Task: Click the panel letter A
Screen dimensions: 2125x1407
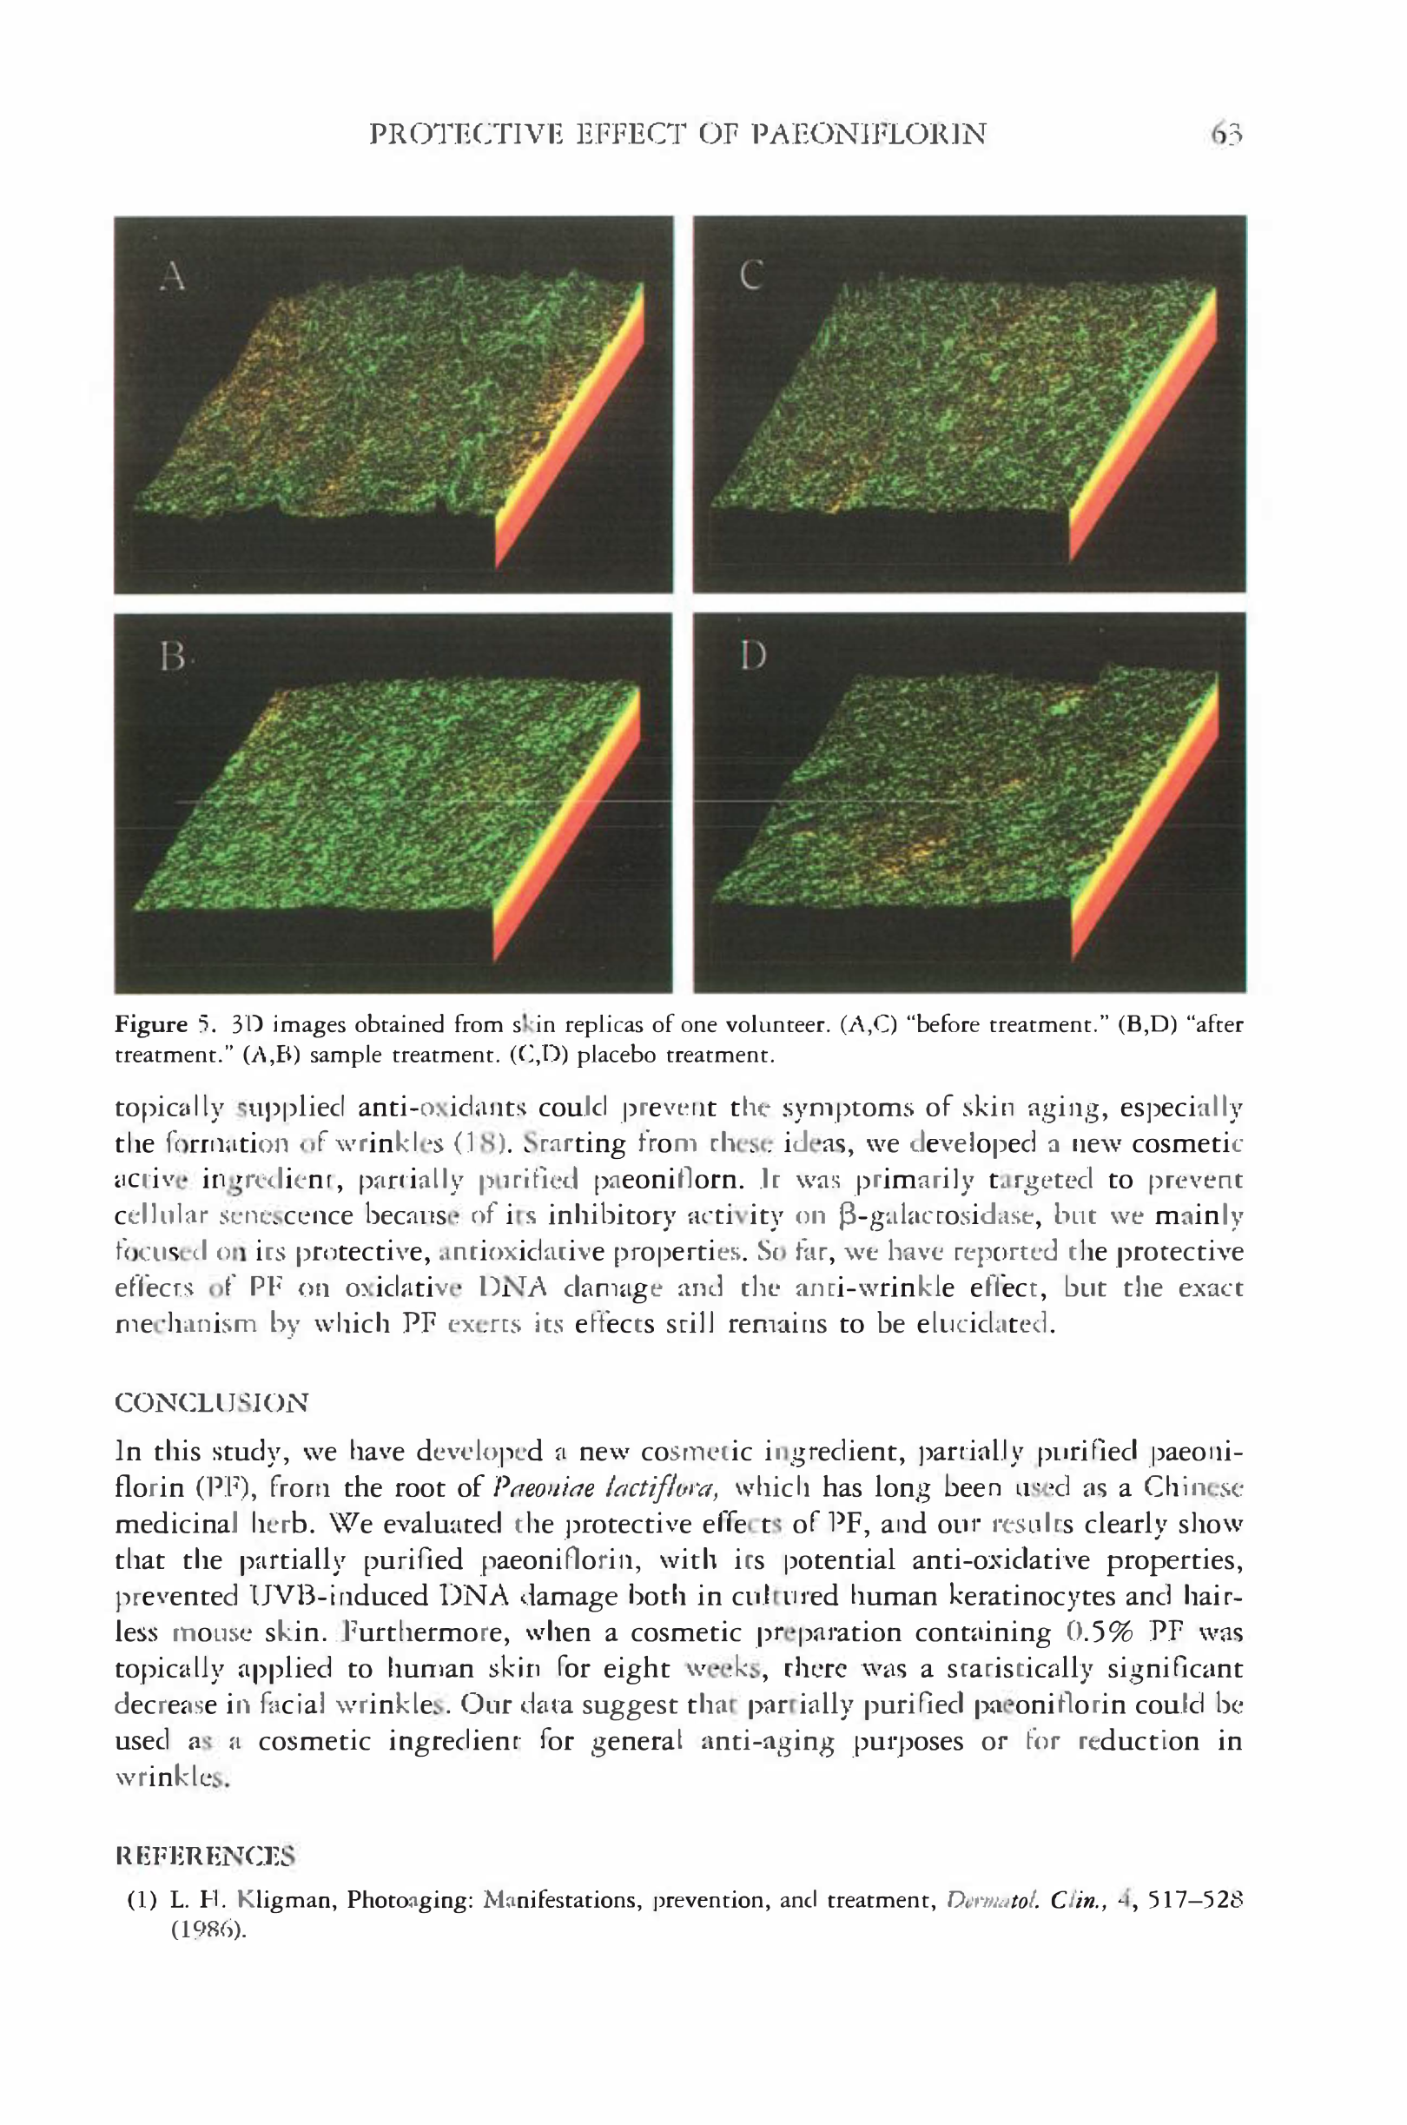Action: tap(172, 275)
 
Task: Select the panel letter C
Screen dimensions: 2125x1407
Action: tap(751, 275)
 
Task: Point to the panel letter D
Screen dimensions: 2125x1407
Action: tap(753, 657)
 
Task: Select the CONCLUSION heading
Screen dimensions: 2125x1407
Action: tap(212, 1401)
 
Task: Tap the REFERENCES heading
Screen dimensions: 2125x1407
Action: tap(206, 1856)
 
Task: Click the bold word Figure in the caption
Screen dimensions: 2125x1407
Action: tap(151, 1025)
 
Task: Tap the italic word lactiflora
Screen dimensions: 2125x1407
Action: tap(664, 1488)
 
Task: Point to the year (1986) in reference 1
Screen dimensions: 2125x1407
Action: tap(208, 1930)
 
